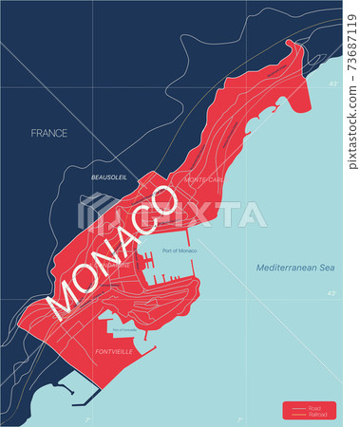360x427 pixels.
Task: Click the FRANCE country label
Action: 48,133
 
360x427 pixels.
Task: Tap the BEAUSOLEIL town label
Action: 109,176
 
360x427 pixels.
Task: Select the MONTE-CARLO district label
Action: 205,178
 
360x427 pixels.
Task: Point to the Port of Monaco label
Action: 180,251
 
